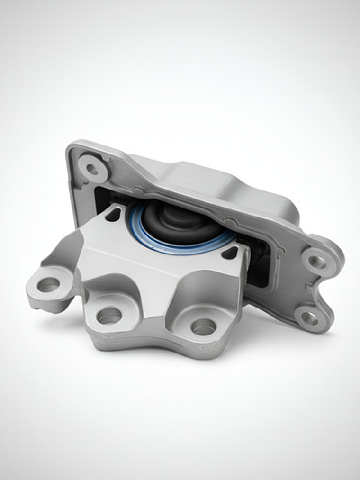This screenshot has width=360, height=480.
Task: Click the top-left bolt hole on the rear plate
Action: (x=92, y=169)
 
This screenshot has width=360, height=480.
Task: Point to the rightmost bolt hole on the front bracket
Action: (x=203, y=326)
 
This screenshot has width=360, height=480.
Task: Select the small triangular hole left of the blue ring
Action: (x=113, y=216)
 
